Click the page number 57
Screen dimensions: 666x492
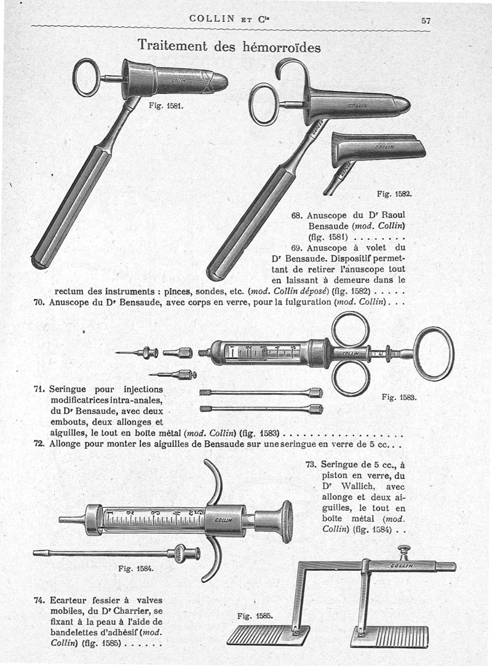click(x=426, y=20)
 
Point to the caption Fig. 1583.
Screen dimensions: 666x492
click(x=399, y=397)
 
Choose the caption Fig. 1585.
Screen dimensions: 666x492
click(x=255, y=615)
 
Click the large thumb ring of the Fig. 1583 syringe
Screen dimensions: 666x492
click(x=434, y=354)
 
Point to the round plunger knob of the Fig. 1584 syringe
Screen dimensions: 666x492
click(x=285, y=521)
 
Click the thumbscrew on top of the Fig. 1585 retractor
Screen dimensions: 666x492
click(x=404, y=551)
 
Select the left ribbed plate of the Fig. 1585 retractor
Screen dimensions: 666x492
click(x=260, y=635)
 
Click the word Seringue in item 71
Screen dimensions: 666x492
click(x=69, y=389)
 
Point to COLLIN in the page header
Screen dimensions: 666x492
click(x=212, y=18)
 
